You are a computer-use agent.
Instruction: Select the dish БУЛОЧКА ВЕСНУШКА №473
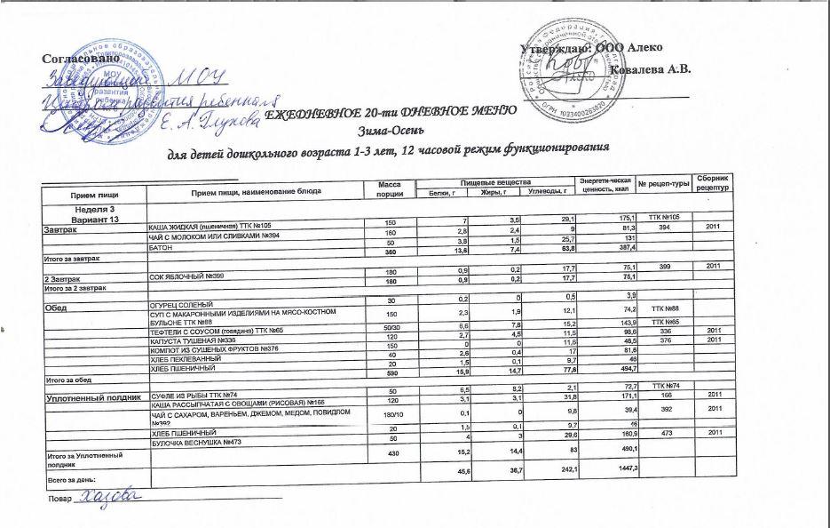206,442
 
